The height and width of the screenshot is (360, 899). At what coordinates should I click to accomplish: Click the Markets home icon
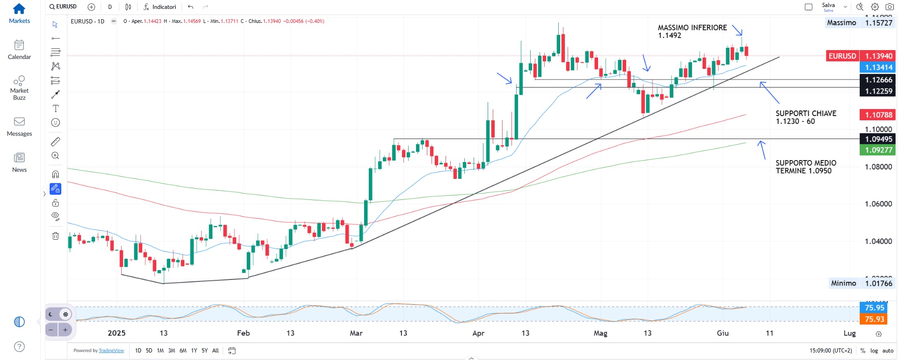click(x=19, y=9)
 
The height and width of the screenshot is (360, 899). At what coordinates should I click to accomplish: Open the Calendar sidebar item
click(x=19, y=49)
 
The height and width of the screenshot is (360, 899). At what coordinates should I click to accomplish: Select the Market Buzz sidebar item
click(x=19, y=88)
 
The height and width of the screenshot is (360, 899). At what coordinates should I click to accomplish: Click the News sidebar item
click(x=19, y=162)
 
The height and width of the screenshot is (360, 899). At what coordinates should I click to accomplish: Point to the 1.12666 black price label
click(x=878, y=80)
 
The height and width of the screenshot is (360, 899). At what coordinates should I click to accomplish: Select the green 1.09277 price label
click(x=878, y=150)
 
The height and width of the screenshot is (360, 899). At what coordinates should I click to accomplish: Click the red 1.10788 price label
click(x=878, y=115)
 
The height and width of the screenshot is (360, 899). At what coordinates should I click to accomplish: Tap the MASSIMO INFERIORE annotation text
click(x=692, y=31)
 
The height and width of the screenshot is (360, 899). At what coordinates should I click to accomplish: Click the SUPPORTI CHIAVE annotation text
click(x=805, y=118)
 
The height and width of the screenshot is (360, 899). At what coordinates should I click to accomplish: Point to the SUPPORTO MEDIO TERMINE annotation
click(x=805, y=167)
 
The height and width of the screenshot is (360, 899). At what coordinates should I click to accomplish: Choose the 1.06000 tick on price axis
click(x=878, y=204)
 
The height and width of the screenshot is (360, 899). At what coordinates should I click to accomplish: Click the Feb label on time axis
click(x=243, y=333)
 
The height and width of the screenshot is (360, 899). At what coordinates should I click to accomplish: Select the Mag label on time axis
click(x=600, y=333)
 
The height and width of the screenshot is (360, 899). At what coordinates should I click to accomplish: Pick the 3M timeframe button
click(x=171, y=351)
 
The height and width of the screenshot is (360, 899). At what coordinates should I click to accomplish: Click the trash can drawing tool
click(x=55, y=236)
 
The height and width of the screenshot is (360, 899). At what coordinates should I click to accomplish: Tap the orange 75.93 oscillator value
click(x=874, y=319)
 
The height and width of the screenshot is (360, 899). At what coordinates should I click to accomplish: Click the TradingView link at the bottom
click(x=111, y=351)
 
